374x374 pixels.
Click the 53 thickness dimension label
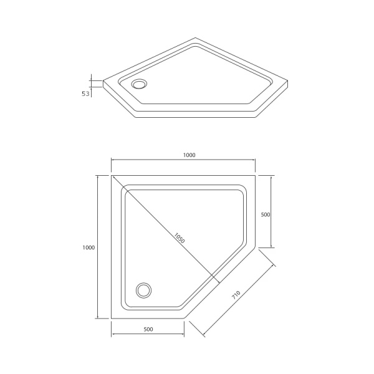click(86, 93)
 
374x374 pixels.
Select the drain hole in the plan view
click(144, 290)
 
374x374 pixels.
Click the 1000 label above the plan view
click(183, 155)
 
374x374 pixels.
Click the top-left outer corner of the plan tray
click(112, 175)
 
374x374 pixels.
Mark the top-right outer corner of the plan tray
click(256, 175)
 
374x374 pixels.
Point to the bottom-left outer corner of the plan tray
click(112, 319)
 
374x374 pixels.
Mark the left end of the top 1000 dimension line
click(112, 160)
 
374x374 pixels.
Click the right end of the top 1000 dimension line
click(256, 160)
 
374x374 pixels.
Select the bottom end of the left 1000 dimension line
click(97, 319)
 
